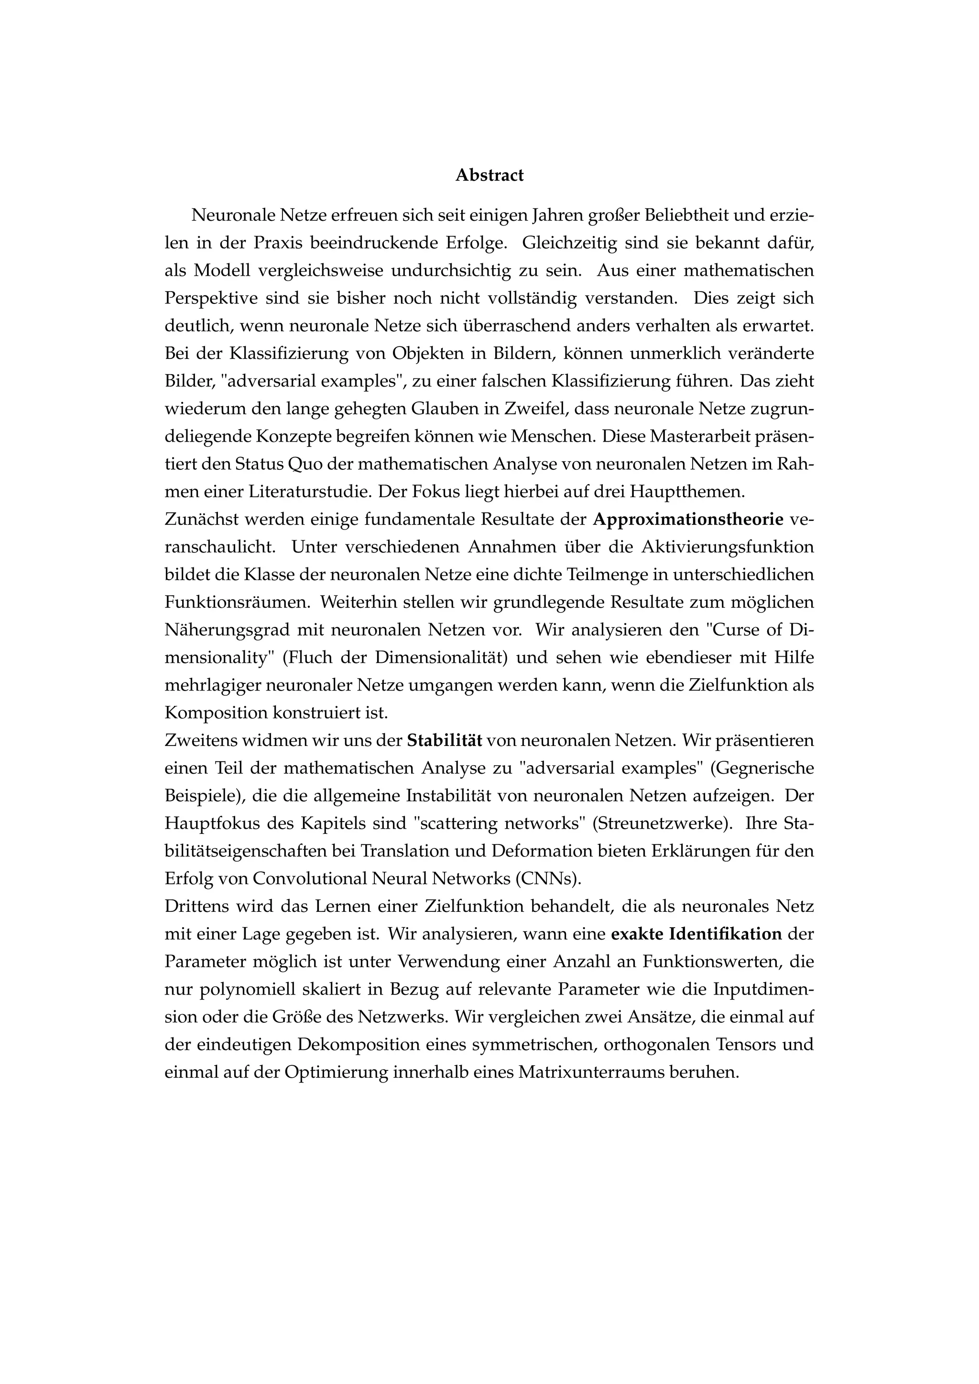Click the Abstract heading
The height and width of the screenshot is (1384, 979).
coord(489,175)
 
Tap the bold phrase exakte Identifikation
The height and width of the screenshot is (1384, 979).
coord(696,934)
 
